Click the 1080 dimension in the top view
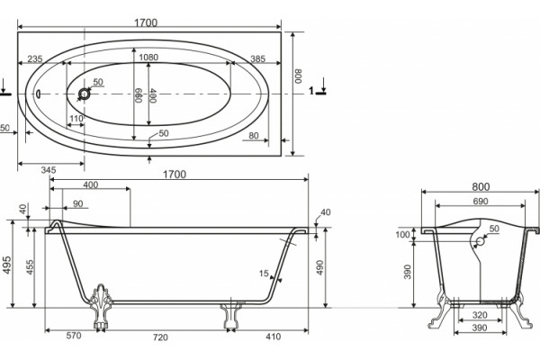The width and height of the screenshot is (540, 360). (x=148, y=58)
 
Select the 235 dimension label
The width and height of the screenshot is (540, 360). (x=35, y=58)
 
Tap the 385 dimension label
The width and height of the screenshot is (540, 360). (x=258, y=58)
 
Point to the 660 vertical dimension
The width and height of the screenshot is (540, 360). (x=139, y=95)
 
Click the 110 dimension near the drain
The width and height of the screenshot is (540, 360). (x=76, y=119)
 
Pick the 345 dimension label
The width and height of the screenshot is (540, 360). (x=49, y=170)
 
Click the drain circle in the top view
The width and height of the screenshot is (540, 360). (x=84, y=94)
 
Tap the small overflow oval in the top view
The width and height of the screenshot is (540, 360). (x=38, y=94)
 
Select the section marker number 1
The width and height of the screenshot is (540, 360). (x=311, y=91)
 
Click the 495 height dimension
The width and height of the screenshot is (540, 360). (x=7, y=265)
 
